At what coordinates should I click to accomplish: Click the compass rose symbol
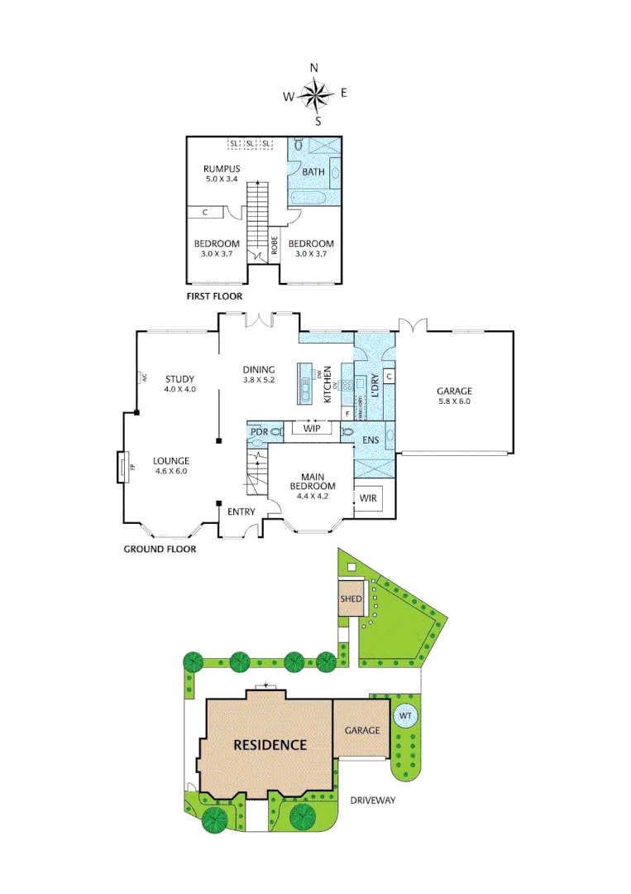(x=315, y=94)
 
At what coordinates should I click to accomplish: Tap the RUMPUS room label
(x=222, y=169)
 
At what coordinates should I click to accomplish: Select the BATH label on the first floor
(x=313, y=172)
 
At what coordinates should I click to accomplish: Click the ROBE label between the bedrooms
(x=274, y=245)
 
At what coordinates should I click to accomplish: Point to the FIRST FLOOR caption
(x=214, y=295)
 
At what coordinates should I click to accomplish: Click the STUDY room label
(x=179, y=379)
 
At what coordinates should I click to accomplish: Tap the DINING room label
(x=258, y=369)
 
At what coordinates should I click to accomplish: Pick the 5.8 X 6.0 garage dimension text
(x=453, y=401)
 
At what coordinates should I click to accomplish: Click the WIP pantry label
(x=311, y=429)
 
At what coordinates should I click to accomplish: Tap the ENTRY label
(x=241, y=512)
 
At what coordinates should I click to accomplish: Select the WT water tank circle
(x=405, y=715)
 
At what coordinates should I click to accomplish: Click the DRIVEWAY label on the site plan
(x=372, y=800)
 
